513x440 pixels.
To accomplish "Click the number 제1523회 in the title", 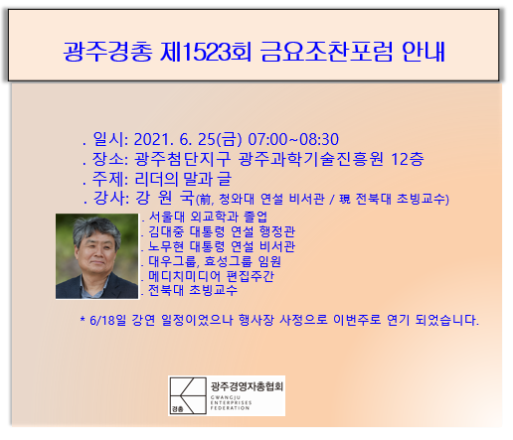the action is click(206, 52).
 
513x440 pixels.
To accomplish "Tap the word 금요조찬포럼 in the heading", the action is click(327, 52).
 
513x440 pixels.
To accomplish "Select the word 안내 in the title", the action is click(424, 52).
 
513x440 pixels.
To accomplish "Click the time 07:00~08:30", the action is click(293, 139).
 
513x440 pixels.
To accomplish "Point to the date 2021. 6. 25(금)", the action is click(188, 139).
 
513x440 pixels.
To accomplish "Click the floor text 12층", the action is click(408, 159).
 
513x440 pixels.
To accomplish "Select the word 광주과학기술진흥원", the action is click(311, 159).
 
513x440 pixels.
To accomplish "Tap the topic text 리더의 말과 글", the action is click(183, 179).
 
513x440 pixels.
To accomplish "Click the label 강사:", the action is click(111, 198).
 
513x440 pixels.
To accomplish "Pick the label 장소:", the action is click(110, 159).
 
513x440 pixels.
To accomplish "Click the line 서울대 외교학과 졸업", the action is click(208, 217).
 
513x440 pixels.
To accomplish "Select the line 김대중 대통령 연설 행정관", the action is click(222, 231).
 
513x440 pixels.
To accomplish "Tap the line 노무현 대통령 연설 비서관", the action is click(222, 246).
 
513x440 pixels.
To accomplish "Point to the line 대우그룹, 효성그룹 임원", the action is click(215, 261).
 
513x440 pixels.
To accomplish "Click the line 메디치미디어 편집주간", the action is click(211, 276).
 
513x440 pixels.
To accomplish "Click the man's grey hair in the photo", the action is click(96, 228).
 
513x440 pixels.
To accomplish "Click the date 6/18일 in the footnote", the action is click(107, 320).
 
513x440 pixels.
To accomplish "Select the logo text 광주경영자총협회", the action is click(247, 386).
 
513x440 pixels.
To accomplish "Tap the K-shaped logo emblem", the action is click(188, 395).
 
